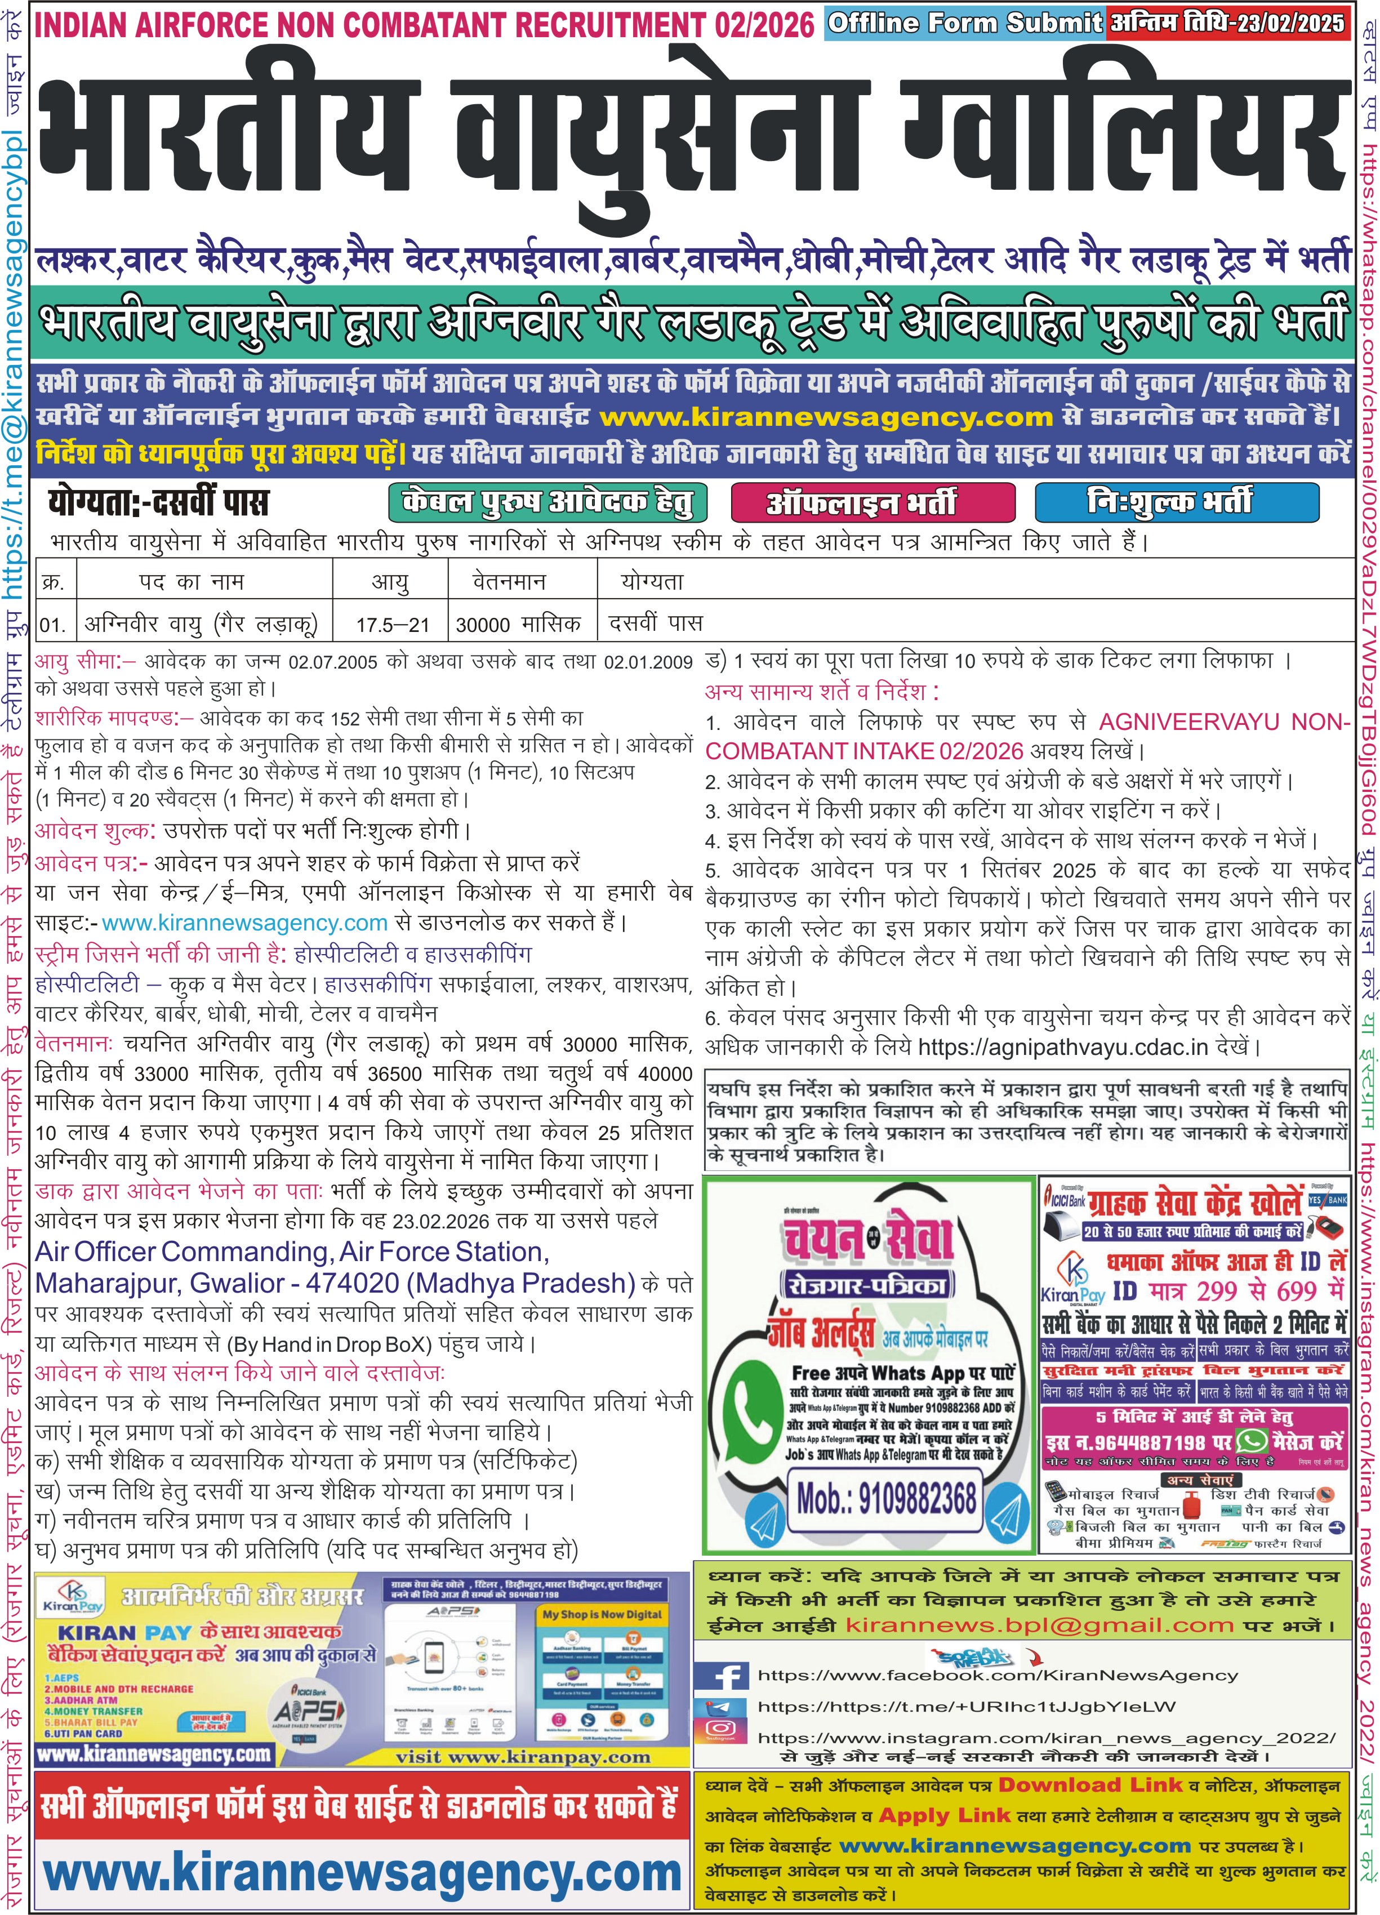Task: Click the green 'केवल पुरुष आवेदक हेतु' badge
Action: [547, 503]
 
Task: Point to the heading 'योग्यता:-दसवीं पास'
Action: [159, 503]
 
